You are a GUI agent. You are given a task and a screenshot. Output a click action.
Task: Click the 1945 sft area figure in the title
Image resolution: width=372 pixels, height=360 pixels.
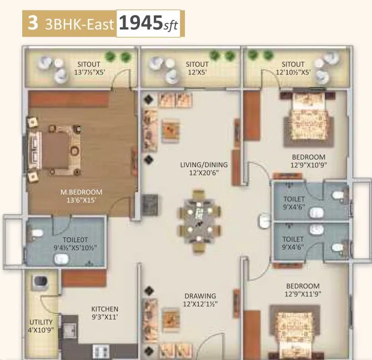148,24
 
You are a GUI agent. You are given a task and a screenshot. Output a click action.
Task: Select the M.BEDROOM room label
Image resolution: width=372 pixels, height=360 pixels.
82,192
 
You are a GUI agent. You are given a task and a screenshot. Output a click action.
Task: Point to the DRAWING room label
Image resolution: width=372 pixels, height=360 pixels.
200,296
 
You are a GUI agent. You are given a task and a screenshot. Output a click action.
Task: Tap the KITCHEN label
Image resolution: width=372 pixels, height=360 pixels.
105,309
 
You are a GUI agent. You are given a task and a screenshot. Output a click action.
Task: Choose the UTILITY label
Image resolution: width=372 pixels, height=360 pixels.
41,322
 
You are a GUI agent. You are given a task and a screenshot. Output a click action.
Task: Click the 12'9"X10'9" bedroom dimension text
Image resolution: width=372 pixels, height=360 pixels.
308,165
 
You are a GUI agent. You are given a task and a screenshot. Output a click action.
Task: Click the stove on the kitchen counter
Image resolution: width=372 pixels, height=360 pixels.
100,351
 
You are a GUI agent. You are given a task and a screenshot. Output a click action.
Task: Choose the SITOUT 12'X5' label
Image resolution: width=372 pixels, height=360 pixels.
197,68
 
